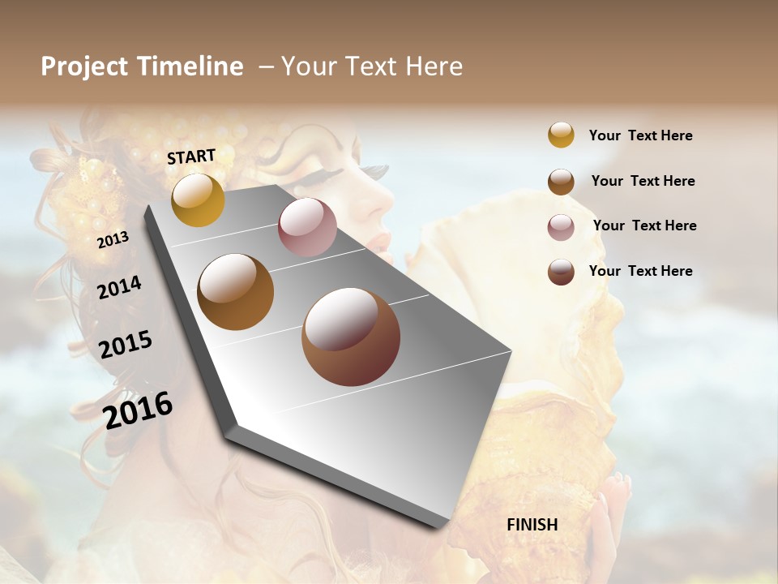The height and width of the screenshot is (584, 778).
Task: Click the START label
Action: (191, 157)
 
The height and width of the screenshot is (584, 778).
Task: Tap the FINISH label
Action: (532, 525)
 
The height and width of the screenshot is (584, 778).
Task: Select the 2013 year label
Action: (113, 240)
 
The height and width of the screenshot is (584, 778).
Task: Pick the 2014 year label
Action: (119, 287)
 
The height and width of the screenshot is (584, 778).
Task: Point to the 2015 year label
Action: (126, 345)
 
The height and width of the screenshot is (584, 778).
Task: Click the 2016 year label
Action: (138, 410)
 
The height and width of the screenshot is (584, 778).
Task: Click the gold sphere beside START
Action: (198, 200)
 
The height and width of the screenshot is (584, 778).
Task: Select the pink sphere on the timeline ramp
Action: (307, 227)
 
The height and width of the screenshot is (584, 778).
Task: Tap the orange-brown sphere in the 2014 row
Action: (235, 292)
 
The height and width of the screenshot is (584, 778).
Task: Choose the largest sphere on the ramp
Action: (351, 337)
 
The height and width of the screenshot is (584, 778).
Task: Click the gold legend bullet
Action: (561, 135)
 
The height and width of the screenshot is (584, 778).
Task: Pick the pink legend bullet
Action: (561, 227)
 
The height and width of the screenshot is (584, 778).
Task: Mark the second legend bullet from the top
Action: (561, 182)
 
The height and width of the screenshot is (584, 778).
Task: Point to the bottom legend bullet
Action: (561, 272)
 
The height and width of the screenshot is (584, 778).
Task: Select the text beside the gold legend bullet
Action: (640, 135)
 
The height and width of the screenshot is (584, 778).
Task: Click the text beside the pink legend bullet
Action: (644, 225)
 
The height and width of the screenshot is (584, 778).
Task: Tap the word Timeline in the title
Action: (190, 67)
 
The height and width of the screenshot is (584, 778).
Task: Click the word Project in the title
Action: (83, 67)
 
